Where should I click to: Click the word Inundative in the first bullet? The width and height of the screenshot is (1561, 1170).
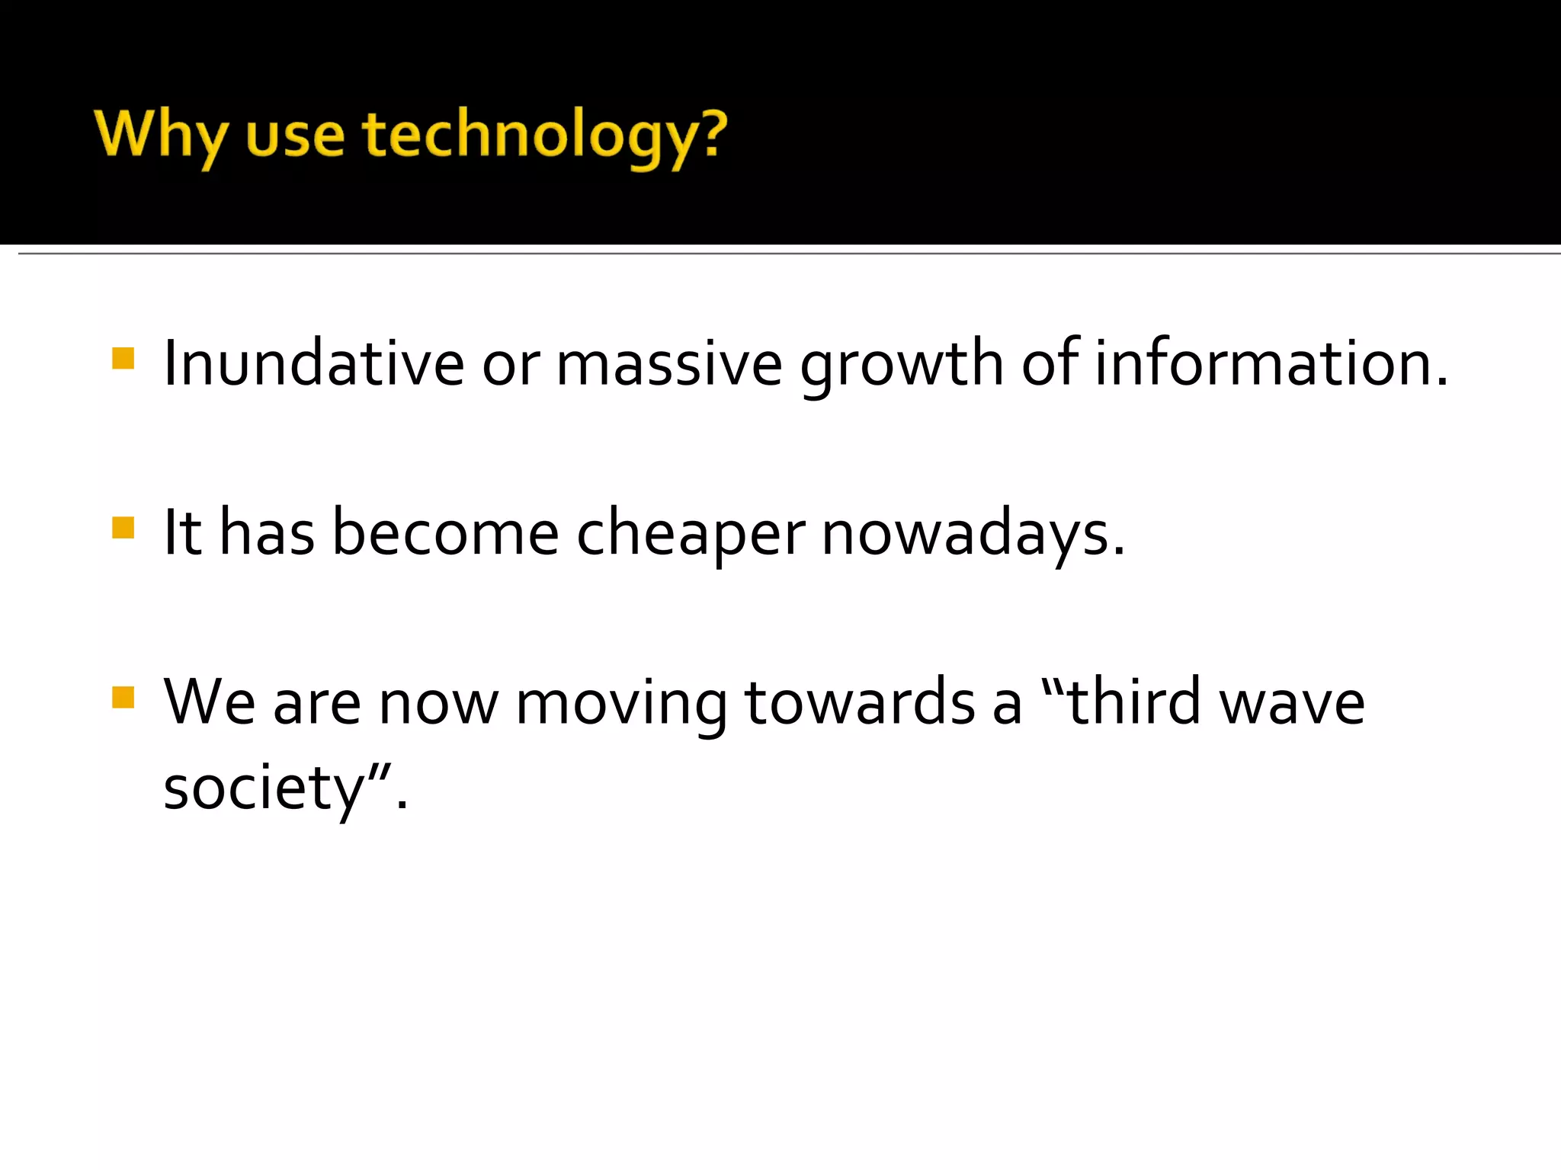pos(313,363)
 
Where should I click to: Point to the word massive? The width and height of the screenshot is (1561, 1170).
pos(668,363)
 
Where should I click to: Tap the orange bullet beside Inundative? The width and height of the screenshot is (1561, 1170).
pos(123,358)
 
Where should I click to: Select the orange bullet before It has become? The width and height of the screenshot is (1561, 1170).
pos(123,528)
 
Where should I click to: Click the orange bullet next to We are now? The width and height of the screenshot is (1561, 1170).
pos(123,698)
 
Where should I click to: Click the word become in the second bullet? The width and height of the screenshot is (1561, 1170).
pos(445,533)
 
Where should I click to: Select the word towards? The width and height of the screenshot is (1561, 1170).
pos(859,702)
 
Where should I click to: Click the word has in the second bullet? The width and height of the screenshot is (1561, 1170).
pos(267,533)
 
